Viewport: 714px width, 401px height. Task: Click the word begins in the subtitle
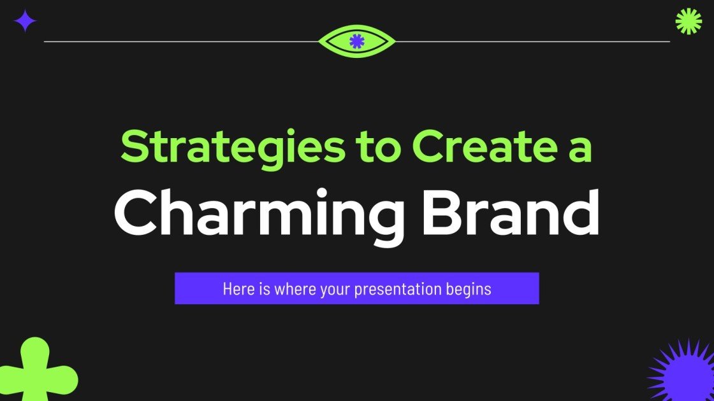pyautogui.click(x=470, y=289)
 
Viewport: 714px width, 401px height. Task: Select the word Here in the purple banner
pyautogui.click(x=236, y=289)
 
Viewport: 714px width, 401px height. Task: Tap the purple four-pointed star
pyautogui.click(x=25, y=21)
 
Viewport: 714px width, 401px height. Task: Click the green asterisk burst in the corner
pyautogui.click(x=688, y=21)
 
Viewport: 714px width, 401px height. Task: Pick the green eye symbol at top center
pyautogui.click(x=356, y=41)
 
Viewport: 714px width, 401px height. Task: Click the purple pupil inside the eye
pyautogui.click(x=356, y=41)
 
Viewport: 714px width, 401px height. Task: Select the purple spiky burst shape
pyautogui.click(x=682, y=372)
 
